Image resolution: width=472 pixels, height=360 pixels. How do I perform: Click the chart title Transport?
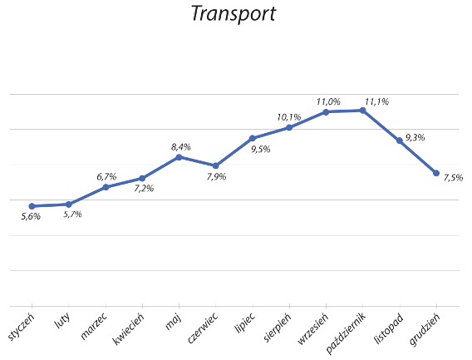[x=232, y=14]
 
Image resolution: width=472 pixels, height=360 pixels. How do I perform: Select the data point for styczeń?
[x=32, y=206]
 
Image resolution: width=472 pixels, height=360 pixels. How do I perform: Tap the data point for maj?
[x=179, y=156]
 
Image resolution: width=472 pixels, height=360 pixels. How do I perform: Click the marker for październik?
[x=362, y=110]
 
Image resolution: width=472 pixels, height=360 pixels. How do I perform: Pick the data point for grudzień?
[x=435, y=173]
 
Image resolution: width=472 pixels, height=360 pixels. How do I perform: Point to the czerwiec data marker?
[x=215, y=165]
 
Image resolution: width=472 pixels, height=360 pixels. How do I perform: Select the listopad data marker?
[x=399, y=141]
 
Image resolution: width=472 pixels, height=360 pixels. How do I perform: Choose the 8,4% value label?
[x=181, y=146]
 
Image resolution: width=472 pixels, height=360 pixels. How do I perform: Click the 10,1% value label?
[x=289, y=117]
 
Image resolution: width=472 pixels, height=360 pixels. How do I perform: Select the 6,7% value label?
[x=106, y=177]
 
